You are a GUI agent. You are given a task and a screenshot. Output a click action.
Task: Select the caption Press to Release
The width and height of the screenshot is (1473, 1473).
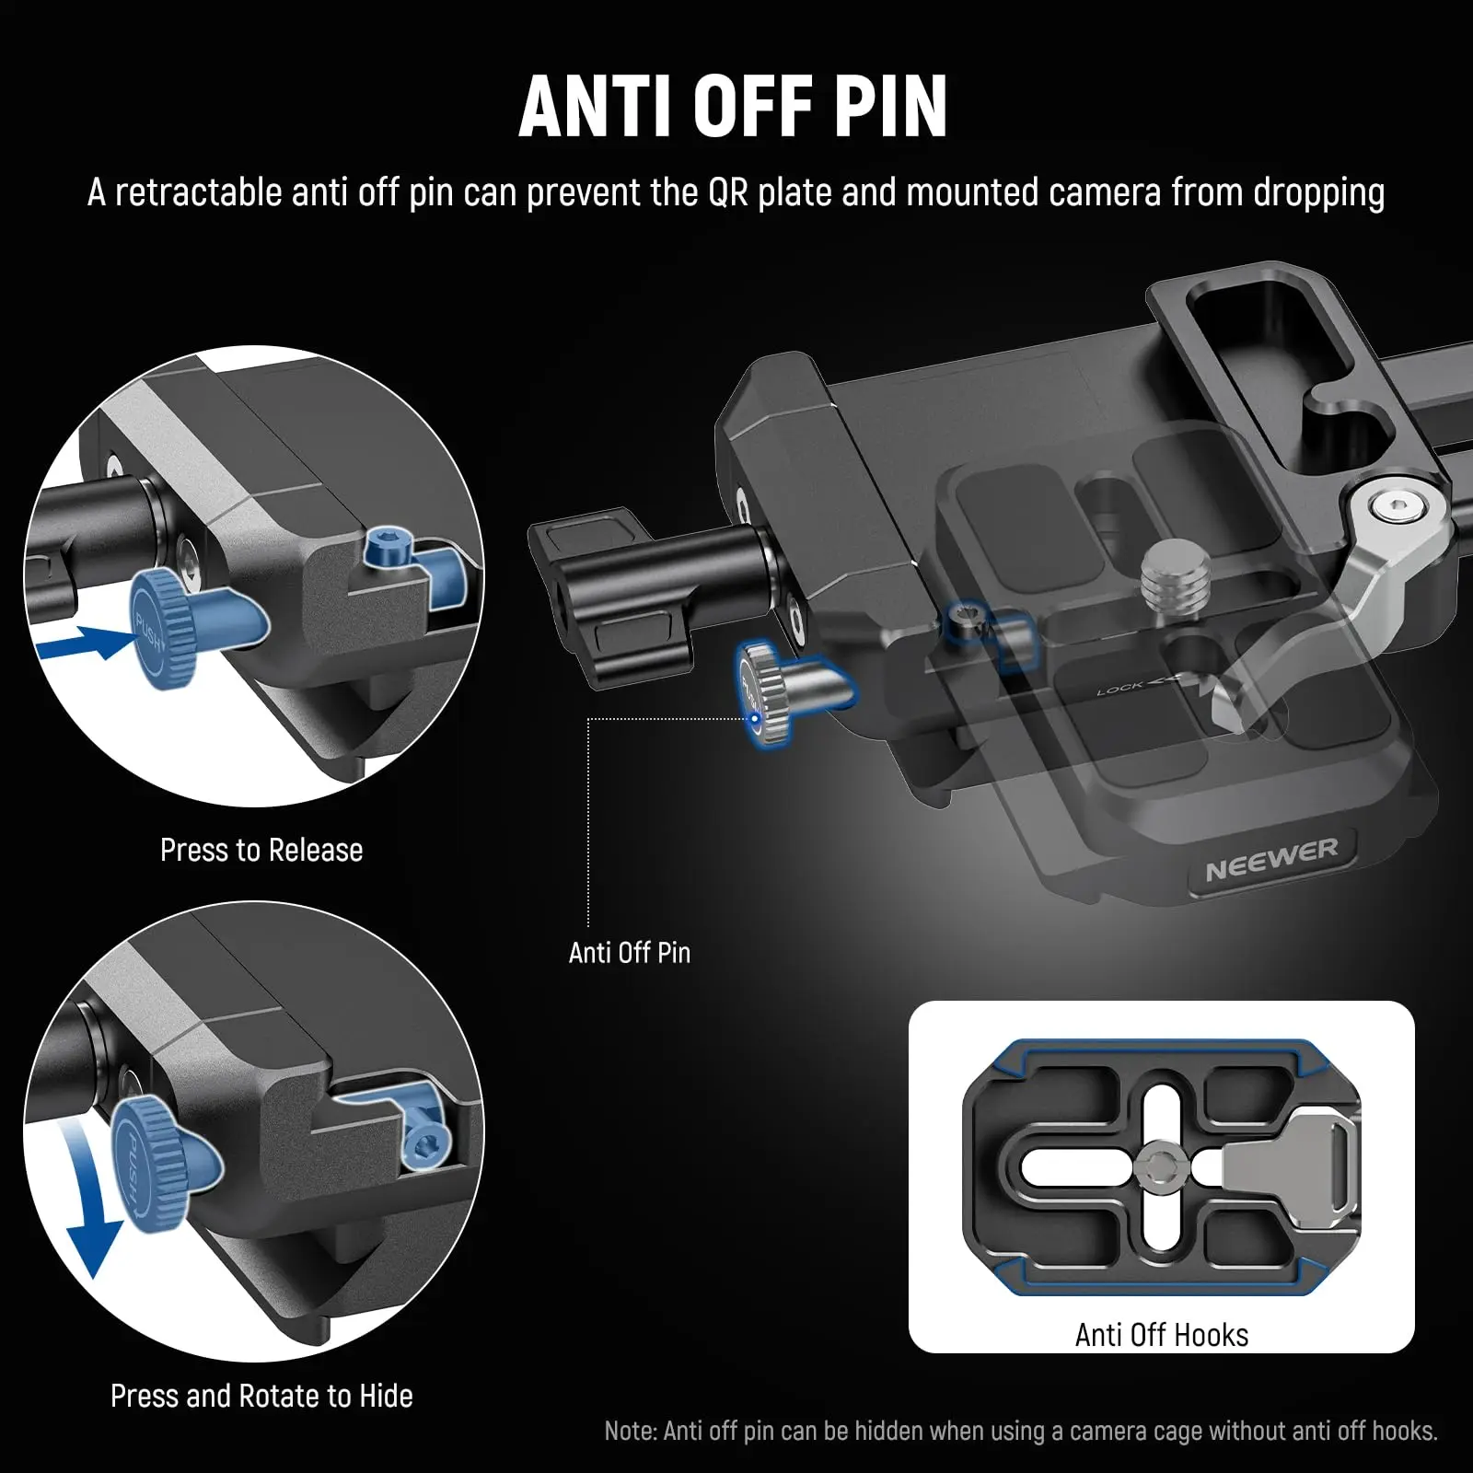click(261, 850)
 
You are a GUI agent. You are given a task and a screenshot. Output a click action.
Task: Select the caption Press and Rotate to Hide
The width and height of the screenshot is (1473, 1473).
click(261, 1396)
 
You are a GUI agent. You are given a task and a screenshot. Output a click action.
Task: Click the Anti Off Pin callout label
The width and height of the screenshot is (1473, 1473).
click(630, 952)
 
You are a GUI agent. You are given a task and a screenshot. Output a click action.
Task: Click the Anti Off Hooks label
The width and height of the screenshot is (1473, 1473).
click(1161, 1335)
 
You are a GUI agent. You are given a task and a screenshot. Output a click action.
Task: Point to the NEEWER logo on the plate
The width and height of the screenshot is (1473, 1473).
click(1271, 859)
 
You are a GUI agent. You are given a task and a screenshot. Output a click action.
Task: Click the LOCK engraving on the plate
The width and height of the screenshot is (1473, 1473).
click(1121, 689)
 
